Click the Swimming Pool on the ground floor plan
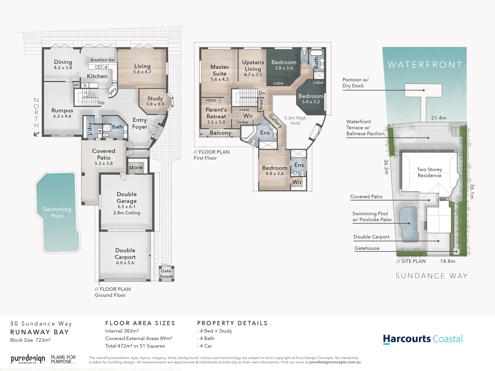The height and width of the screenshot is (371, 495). tap(57, 212)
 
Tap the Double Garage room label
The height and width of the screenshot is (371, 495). tap(126, 198)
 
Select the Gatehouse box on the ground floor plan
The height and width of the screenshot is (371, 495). tap(166, 273)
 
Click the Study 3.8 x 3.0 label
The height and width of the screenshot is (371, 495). tap(155, 101)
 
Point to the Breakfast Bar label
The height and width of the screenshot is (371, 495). tap(102, 60)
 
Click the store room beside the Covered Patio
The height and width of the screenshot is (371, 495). tap(136, 167)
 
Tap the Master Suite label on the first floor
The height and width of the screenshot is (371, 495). tap(220, 70)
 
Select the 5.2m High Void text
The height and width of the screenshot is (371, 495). tap(295, 120)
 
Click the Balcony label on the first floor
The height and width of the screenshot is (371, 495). tap(220, 133)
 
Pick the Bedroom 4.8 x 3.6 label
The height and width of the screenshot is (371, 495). tap(274, 170)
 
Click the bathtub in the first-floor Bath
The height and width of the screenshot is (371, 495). tap(316, 53)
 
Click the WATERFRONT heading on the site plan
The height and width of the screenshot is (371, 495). tap(425, 65)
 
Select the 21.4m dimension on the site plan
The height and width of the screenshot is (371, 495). tap(439, 118)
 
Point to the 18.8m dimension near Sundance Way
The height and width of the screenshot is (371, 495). tap(447, 261)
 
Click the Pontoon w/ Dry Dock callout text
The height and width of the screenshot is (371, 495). tap(355, 83)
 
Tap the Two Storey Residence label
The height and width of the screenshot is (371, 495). tap(429, 172)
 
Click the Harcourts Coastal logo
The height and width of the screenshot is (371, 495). tap(423, 339)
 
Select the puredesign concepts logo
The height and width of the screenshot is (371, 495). tap(28, 359)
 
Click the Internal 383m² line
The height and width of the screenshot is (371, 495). tap(122, 331)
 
